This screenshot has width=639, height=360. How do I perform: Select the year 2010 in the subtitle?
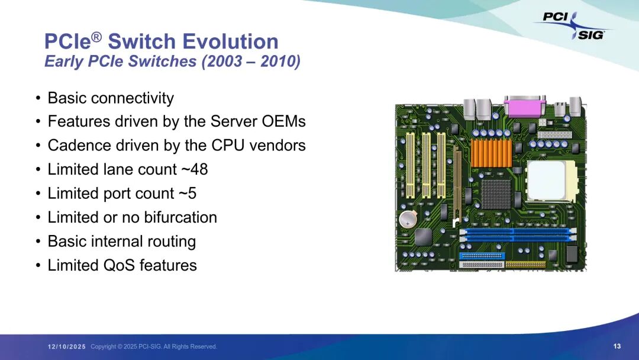click(x=276, y=62)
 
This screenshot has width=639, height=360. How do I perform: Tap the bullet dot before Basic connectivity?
click(x=38, y=98)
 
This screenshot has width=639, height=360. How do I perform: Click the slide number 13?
click(x=617, y=346)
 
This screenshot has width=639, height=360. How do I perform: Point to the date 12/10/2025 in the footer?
click(x=67, y=346)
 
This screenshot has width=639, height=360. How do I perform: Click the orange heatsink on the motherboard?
click(x=491, y=153)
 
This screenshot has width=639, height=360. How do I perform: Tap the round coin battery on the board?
click(x=408, y=220)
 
